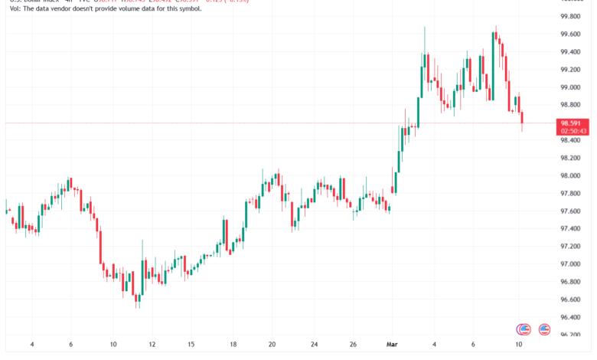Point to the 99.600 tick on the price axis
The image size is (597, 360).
click(552, 34)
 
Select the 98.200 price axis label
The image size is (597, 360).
click(552, 159)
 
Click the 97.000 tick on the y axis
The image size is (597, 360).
click(552, 264)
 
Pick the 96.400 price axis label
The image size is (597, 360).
click(552, 317)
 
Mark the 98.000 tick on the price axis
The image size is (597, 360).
click(552, 176)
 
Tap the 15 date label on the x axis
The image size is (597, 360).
click(191, 345)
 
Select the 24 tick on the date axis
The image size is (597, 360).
click(315, 345)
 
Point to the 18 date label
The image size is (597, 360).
click(234, 345)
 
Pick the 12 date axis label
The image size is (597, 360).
click(152, 345)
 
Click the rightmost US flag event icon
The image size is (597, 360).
click(545, 329)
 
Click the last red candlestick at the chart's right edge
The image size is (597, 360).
click(523, 118)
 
